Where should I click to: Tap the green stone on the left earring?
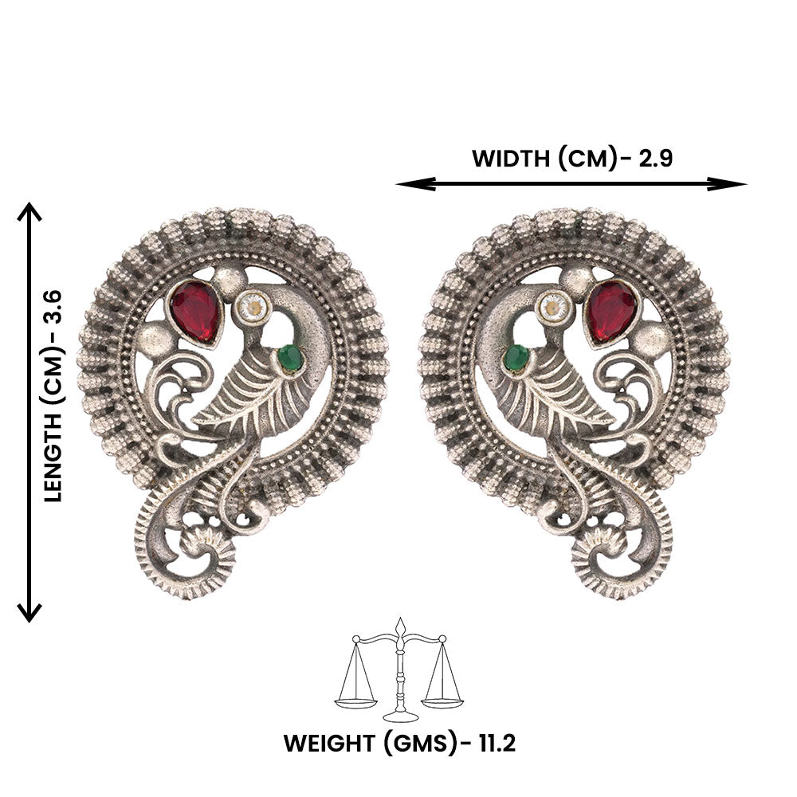coord(291,359)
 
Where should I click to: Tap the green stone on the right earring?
coord(516,359)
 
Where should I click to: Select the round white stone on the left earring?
coord(251,306)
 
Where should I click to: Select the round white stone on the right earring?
coord(556,306)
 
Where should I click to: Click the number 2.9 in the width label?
coord(655,159)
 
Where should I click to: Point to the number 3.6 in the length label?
coord(53,307)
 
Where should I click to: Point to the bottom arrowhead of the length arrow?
coord(29,612)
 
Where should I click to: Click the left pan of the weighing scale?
coord(355,703)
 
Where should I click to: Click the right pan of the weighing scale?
coord(442,703)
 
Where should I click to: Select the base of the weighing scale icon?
coord(401,717)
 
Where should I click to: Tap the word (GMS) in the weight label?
coord(417,744)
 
